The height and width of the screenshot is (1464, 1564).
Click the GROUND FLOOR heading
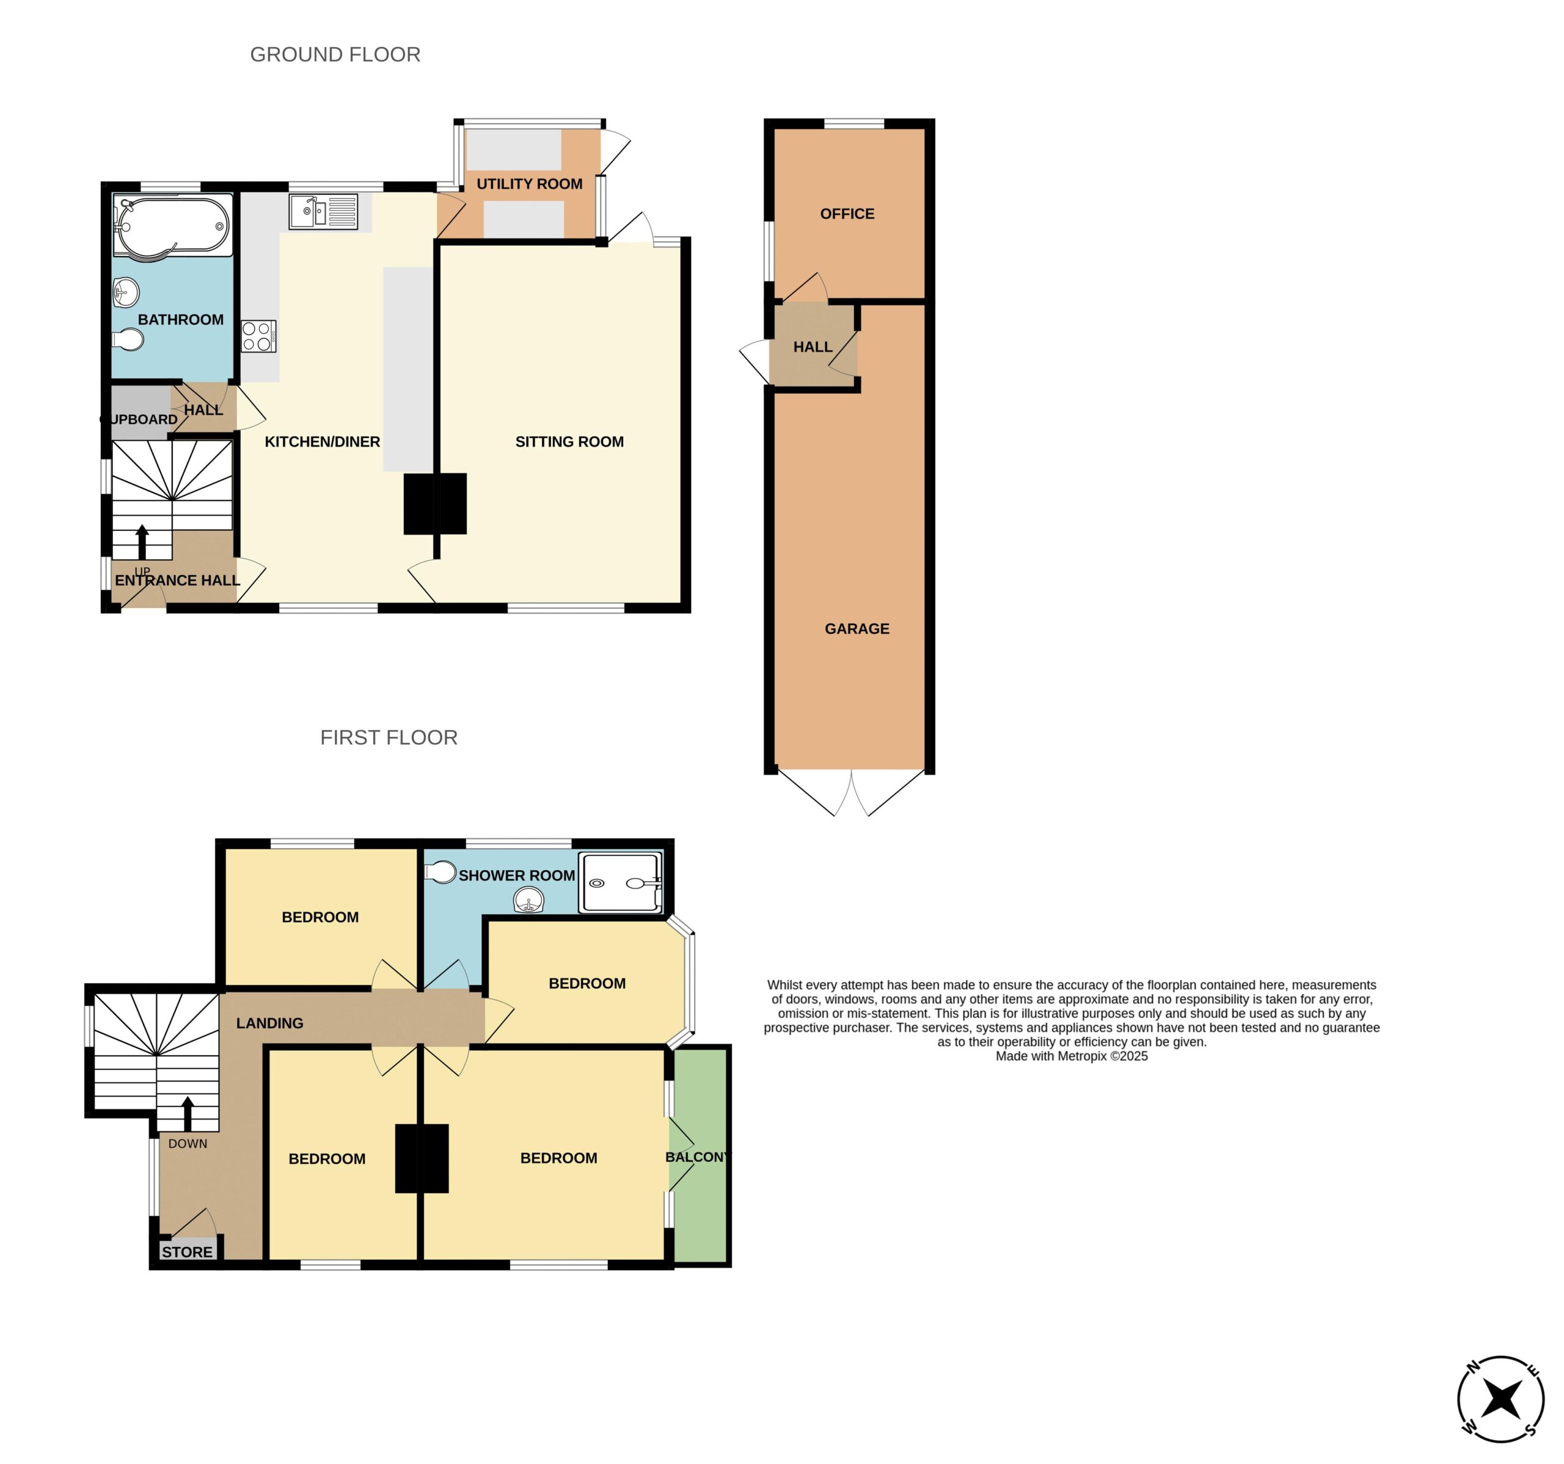335,54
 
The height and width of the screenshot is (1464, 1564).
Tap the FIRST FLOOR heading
389,737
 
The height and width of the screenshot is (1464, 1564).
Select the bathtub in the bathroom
173,226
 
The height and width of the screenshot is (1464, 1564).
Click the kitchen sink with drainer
323,211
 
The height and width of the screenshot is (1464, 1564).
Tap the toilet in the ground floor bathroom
128,340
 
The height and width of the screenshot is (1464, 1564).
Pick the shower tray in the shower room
621,883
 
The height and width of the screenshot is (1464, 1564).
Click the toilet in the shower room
440,873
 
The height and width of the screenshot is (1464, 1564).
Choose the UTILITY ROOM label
530,184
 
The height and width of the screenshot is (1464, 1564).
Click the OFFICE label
847,214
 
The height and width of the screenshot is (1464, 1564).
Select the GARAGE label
857,629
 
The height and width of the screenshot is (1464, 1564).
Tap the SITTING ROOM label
569,442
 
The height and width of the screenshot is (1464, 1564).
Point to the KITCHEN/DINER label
323,442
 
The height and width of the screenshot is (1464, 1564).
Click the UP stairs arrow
142,542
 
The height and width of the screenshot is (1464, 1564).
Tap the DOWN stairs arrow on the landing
187,1114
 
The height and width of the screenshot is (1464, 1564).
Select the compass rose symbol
1500,1399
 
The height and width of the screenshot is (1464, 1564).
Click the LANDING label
270,1023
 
